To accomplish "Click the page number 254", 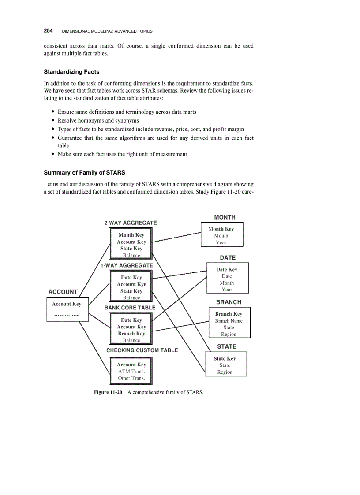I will (x=48, y=31).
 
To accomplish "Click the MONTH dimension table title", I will (x=225, y=217).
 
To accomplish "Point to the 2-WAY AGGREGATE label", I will (x=131, y=223).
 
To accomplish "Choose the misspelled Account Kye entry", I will (x=131, y=284).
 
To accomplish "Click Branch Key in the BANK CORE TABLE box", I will (x=131, y=334).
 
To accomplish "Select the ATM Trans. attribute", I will (x=131, y=372).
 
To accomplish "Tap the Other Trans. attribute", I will (x=131, y=378).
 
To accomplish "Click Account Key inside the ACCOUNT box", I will (x=67, y=304).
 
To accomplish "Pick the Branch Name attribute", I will (x=229, y=321).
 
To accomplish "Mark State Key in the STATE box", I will (x=225, y=359).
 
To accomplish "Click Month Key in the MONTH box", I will (x=221, y=229).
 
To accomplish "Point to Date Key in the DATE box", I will (x=226, y=270).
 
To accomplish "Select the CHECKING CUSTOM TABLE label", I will (x=142, y=350).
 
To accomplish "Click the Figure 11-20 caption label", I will (x=108, y=392).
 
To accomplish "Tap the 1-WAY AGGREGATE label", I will (x=127, y=266).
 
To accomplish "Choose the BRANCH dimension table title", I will (x=229, y=302).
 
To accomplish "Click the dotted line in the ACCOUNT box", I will (x=67, y=315).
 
